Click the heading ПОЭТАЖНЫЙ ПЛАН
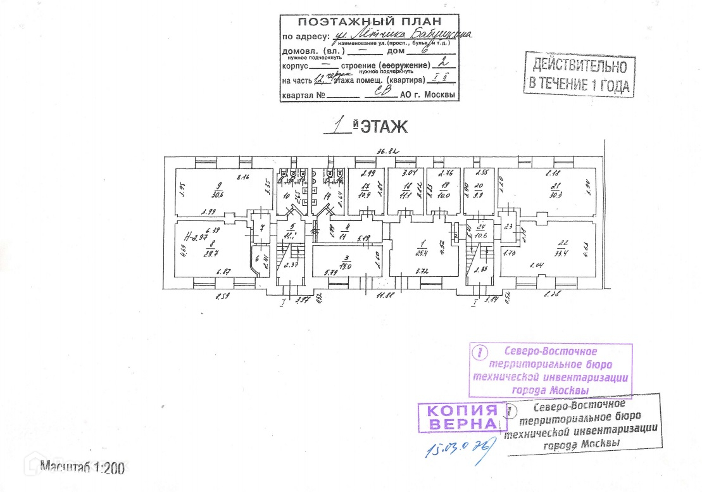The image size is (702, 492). (x=368, y=21)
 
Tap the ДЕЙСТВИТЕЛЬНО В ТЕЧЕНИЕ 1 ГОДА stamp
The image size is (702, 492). (x=580, y=74)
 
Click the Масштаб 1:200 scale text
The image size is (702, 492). (x=83, y=468)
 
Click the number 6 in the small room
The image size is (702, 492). (x=257, y=258)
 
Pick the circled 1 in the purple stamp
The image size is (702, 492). (x=481, y=351)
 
